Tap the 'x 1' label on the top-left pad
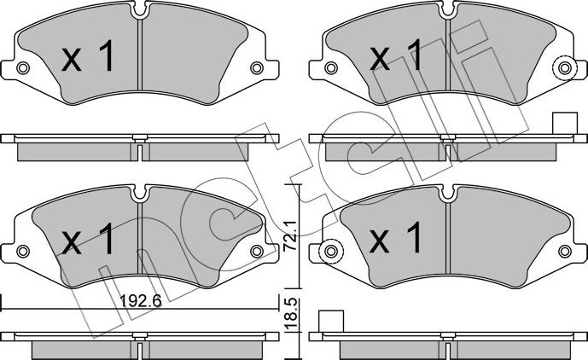coord(89,58)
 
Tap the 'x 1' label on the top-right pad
coord(396,58)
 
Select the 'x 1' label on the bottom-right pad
coord(396,240)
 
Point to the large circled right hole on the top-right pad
coord(562,68)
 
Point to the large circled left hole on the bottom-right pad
coord(330,252)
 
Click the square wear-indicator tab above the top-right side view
coord(562,123)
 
